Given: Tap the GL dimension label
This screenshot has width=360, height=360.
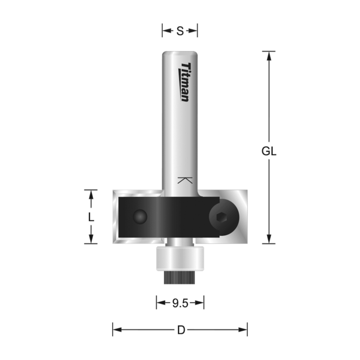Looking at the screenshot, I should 269,152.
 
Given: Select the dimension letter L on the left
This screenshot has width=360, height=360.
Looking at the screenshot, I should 91,217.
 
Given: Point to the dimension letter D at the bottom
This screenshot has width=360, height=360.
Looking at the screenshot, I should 181,330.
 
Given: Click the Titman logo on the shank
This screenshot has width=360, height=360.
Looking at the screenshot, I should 185,82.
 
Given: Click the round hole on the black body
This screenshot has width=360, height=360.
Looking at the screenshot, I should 140,217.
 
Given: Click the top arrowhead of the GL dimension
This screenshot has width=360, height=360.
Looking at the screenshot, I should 269,55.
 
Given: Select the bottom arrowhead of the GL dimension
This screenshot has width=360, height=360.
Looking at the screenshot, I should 269,239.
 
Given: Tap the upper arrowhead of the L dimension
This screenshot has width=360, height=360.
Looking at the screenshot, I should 91,194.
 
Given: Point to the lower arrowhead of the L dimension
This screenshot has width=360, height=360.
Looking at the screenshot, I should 91,239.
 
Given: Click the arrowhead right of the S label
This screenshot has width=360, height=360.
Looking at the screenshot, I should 194,31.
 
